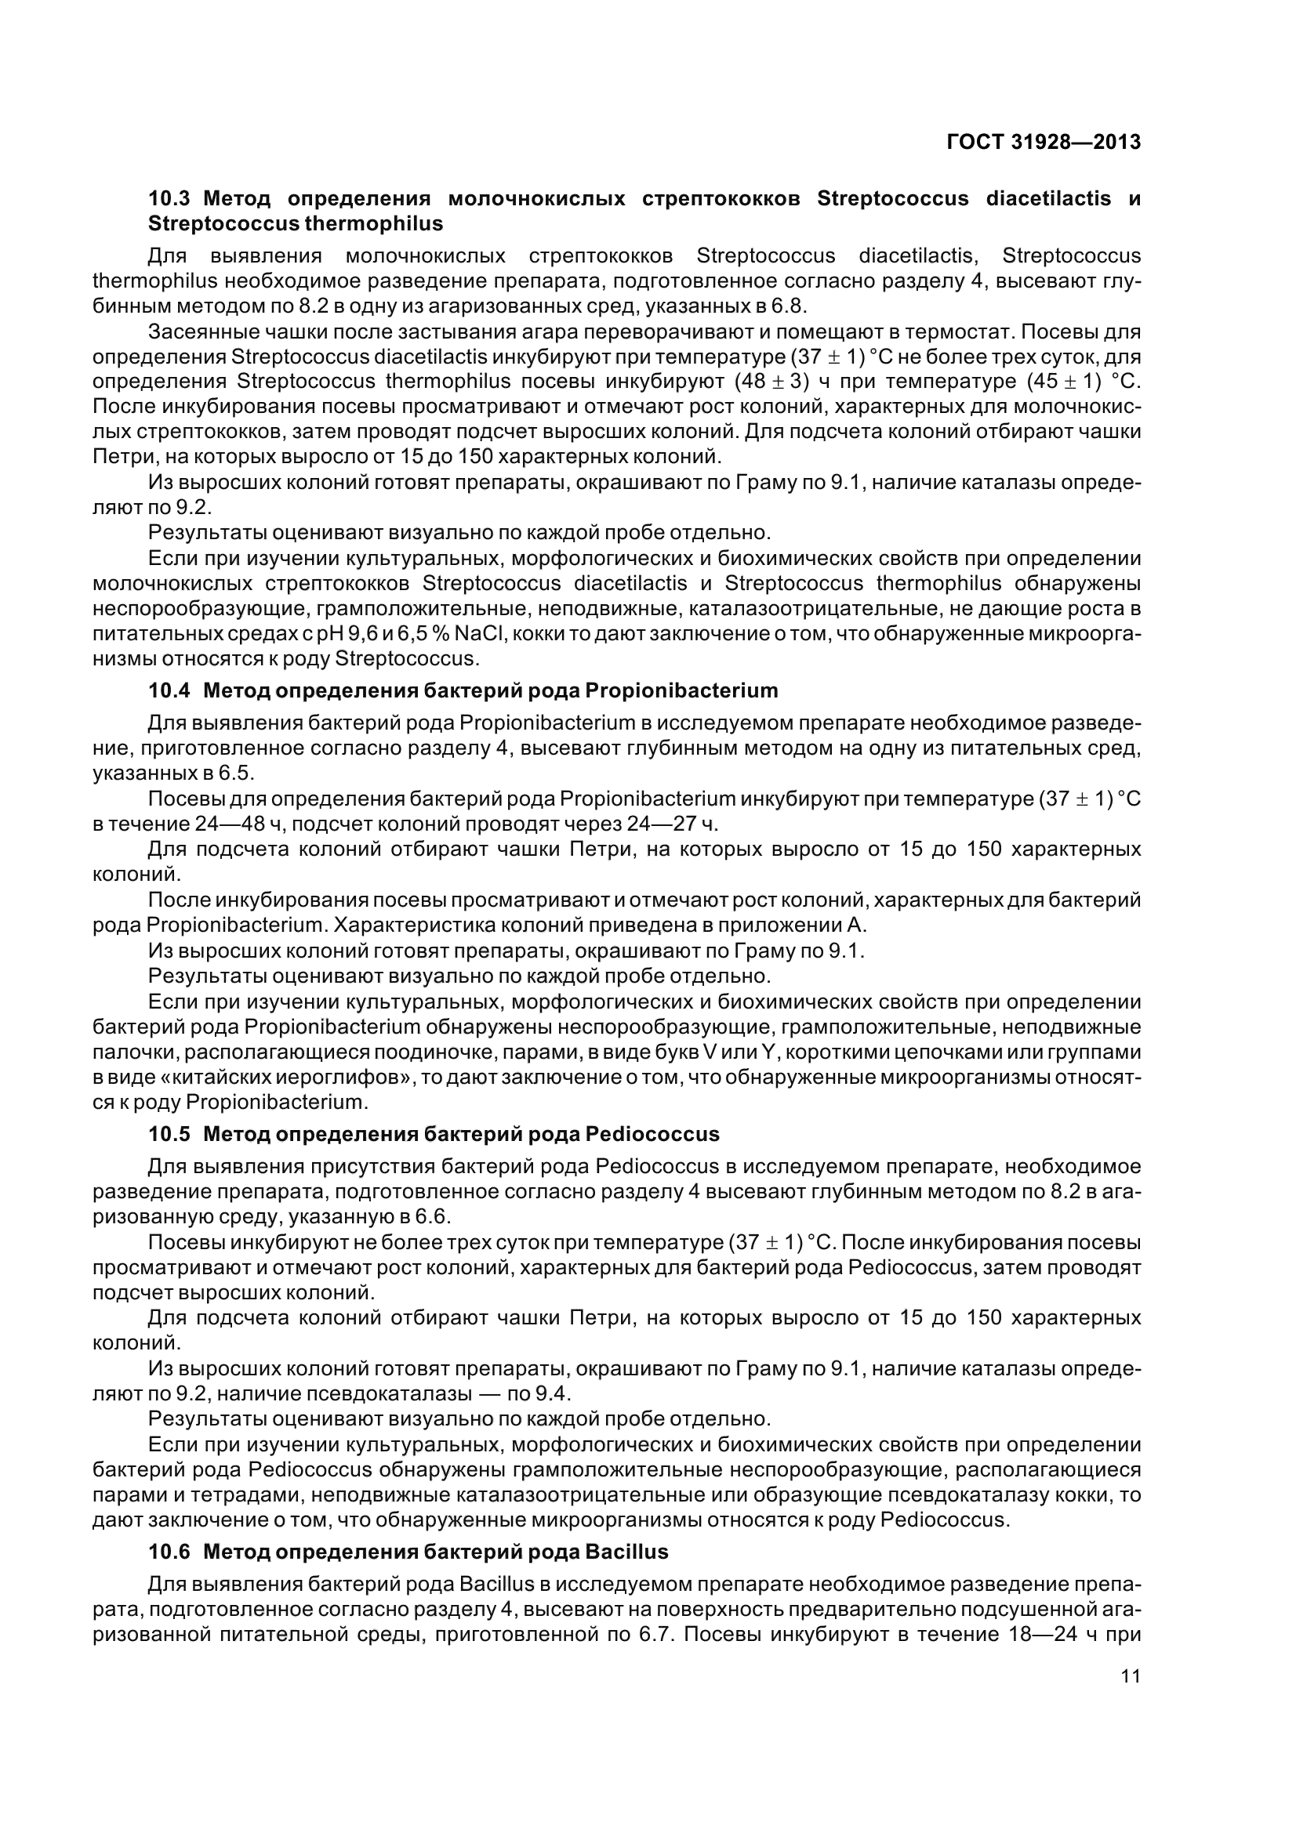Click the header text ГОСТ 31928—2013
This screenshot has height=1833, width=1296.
coord(1044,142)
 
